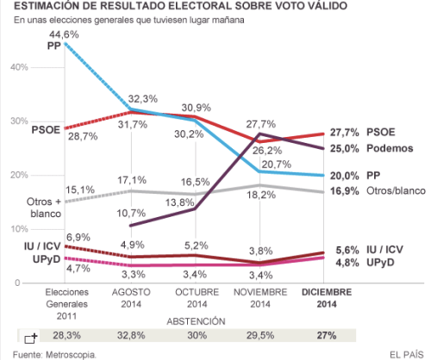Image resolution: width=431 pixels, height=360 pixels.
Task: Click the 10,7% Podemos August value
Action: click(131, 212)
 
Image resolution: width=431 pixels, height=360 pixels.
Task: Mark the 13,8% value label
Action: click(178, 202)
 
